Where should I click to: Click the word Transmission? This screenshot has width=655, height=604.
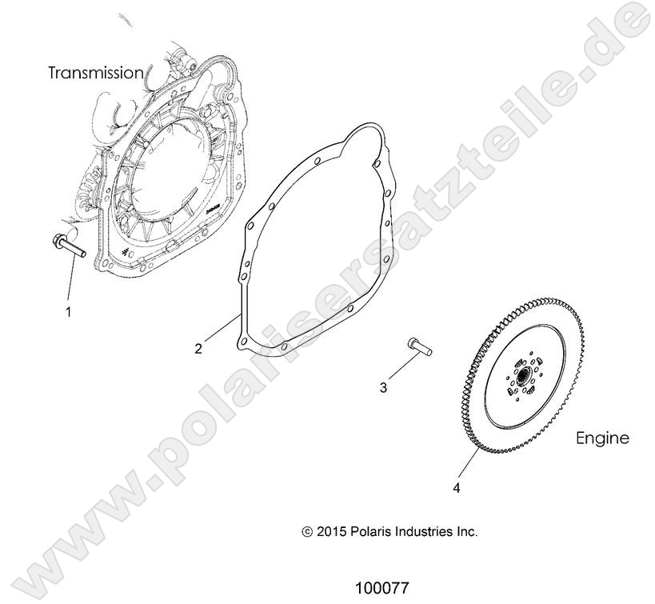coord(96,73)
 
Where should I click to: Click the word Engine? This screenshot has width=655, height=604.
coord(602,438)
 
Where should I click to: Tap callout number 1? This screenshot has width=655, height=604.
coord(68,311)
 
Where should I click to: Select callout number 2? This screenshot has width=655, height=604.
coord(198,348)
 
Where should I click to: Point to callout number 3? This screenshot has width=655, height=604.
coord(383,388)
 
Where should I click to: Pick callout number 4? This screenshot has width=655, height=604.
coord(457,485)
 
